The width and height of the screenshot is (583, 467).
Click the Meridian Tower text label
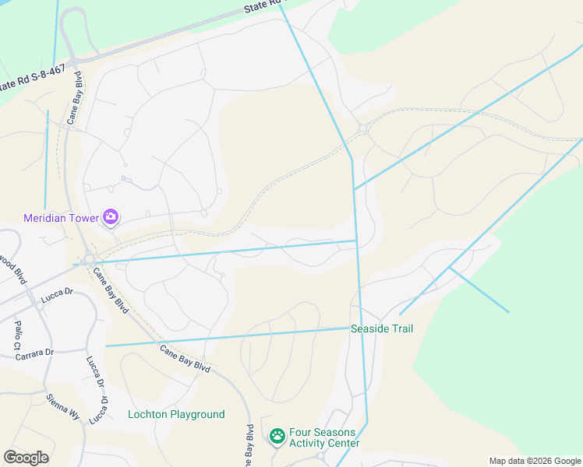click(62, 217)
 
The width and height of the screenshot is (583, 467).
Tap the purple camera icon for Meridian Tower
click(111, 217)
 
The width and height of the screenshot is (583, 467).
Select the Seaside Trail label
click(382, 329)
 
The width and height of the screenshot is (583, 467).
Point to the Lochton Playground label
click(176, 415)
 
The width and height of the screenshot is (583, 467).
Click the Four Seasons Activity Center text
click(324, 438)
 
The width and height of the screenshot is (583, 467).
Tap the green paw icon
click(277, 437)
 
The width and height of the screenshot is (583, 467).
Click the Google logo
click(26, 458)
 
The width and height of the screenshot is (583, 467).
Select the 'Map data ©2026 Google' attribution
click(535, 461)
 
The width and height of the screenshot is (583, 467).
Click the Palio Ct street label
click(17, 334)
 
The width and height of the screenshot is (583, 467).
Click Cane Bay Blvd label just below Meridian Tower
click(111, 286)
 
